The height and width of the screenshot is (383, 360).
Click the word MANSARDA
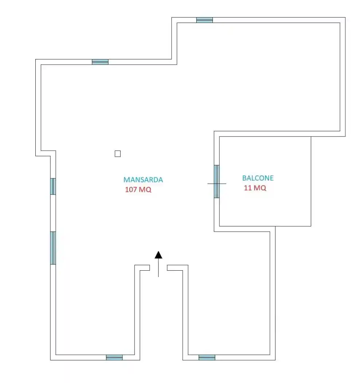pyautogui.click(x=143, y=180)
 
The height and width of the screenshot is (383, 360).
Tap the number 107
pyautogui.click(x=131, y=190)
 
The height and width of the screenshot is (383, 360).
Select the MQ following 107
pyautogui.click(x=145, y=190)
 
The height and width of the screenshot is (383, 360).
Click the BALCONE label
pyautogui.click(x=258, y=178)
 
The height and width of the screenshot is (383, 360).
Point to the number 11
pyautogui.click(x=248, y=188)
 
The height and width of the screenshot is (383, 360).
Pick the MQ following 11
pyautogui.click(x=260, y=188)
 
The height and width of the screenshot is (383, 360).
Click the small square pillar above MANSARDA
pyautogui.click(x=118, y=154)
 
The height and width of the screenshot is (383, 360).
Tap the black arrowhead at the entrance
pyautogui.click(x=159, y=255)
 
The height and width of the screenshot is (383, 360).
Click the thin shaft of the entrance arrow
pyautogui.click(x=159, y=268)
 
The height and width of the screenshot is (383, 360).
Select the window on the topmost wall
pyautogui.click(x=204, y=20)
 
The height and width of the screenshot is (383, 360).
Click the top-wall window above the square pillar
pyautogui.click(x=100, y=62)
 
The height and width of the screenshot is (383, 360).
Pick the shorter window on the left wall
pyautogui.click(x=53, y=186)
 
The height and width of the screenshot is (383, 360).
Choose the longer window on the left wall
pyautogui.click(x=53, y=248)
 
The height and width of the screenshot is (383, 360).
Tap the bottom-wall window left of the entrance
pyautogui.click(x=114, y=357)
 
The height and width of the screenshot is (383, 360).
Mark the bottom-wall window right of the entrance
pyautogui.click(x=207, y=357)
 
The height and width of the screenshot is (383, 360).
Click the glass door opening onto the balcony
pyautogui.click(x=217, y=182)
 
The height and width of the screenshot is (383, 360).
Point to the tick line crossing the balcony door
pyautogui.click(x=217, y=183)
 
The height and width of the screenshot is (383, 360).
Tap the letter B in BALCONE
pyautogui.click(x=244, y=178)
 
